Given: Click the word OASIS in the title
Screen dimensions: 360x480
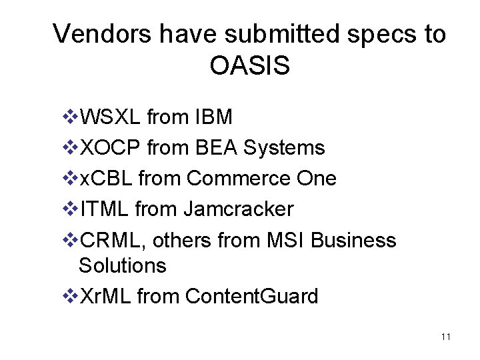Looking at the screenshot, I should point(249,65).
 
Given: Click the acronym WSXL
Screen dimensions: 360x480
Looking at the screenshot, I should point(110,117).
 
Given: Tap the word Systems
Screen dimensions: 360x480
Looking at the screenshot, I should point(284,148).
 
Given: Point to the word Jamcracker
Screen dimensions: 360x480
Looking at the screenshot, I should point(237,209).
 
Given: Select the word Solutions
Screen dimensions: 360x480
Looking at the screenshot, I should point(122,265).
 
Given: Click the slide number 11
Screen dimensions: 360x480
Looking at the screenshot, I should point(446,337).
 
